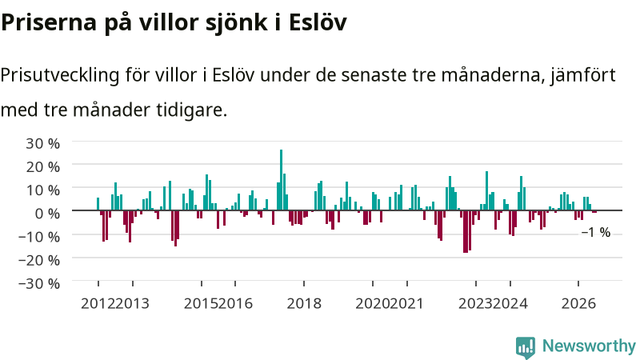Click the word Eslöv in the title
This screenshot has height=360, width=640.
(318, 22)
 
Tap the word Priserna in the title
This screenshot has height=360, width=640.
(49, 22)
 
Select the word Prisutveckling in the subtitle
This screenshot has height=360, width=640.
(60, 75)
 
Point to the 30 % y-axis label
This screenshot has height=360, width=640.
(43, 143)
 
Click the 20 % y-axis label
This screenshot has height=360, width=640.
(43, 166)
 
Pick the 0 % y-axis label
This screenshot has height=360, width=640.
(47, 213)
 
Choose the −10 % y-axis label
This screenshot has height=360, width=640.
(39, 236)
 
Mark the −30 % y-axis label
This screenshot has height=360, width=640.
(39, 283)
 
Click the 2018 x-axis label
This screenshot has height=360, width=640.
(304, 304)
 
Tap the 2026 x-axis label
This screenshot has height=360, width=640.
(578, 304)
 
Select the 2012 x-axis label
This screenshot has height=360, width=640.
(98, 304)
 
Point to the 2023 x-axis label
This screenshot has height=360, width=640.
(475, 304)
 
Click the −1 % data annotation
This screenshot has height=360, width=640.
(596, 232)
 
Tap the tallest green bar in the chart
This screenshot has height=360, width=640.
(281, 180)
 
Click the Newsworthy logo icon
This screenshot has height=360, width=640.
(526, 347)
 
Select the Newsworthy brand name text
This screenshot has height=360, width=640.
(589, 346)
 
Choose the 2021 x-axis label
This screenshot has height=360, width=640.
(406, 304)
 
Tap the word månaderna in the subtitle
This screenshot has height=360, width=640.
(494, 75)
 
